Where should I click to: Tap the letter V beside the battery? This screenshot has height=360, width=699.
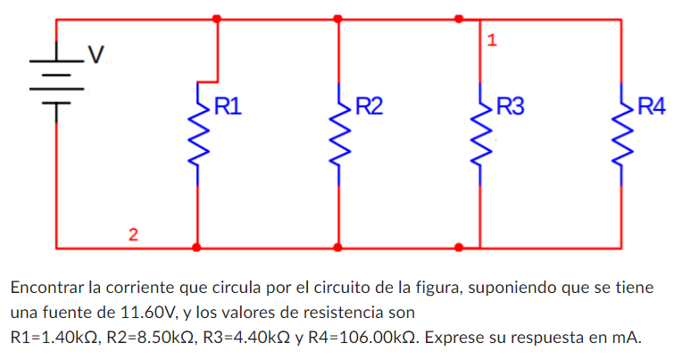click(x=96, y=56)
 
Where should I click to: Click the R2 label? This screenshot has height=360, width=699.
click(x=370, y=108)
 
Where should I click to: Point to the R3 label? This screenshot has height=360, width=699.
click(x=511, y=108)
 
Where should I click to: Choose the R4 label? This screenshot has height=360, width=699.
click(x=651, y=108)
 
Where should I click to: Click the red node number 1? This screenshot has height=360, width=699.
click(x=492, y=40)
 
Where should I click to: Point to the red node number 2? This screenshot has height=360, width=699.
click(x=133, y=235)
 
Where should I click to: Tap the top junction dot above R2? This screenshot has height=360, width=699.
click(x=337, y=18)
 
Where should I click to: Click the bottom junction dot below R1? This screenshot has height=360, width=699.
click(x=197, y=247)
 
